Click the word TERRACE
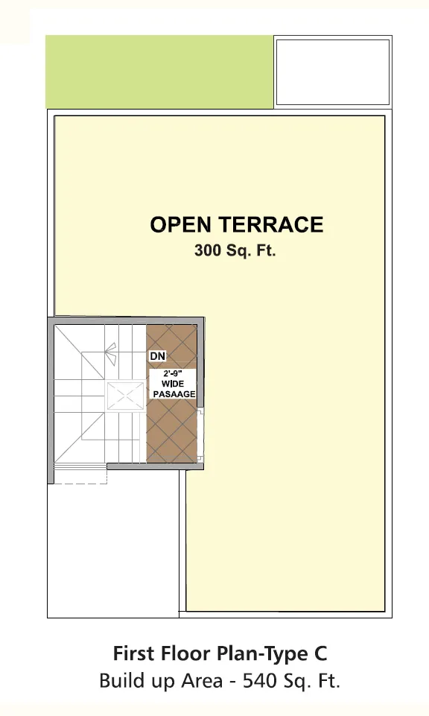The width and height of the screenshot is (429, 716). [x=271, y=225]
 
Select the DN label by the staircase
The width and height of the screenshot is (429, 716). [x=158, y=355]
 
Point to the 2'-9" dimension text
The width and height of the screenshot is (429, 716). [x=173, y=373]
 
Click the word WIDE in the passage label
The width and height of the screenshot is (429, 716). [x=173, y=384]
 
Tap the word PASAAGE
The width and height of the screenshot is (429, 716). [x=174, y=393]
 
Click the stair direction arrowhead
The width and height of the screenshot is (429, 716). [x=110, y=352]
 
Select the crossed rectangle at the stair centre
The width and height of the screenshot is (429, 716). [x=124, y=396]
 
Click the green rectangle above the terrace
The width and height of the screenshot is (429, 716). [x=159, y=72]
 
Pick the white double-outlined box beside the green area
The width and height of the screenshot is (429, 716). [x=333, y=72]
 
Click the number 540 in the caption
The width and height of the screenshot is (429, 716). [x=260, y=681]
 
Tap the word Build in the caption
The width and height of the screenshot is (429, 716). [x=118, y=681]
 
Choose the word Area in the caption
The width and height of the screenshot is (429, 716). [x=202, y=681]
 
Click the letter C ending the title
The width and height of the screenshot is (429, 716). [x=320, y=653]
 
